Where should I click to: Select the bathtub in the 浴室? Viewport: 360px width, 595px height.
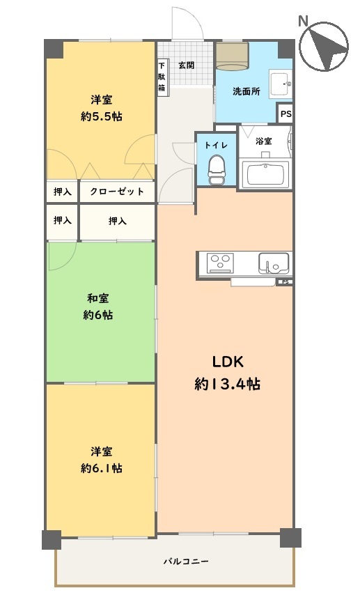(265, 175)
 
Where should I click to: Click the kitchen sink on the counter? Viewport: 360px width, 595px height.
(274, 263)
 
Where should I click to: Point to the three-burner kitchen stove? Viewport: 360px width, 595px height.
(220, 263)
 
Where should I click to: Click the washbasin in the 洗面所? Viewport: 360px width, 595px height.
(281, 84)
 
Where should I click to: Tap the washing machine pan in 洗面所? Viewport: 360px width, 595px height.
(232, 56)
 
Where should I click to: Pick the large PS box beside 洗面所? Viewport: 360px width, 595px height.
(285, 114)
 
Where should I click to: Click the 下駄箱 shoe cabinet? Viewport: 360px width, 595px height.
(162, 77)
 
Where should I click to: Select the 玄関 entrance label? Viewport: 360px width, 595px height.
(186, 65)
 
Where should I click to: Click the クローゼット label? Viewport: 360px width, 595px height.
(117, 192)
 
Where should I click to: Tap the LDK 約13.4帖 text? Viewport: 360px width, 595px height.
(227, 373)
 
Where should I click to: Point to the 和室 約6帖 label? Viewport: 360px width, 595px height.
(98, 307)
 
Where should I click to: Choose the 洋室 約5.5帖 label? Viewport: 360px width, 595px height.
(101, 108)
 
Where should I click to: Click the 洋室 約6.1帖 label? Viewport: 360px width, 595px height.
(101, 460)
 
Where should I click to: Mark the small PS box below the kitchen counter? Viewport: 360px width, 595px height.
(285, 282)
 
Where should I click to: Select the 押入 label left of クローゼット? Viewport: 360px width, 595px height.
(63, 192)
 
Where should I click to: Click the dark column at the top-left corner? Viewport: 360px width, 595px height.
(54, 49)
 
